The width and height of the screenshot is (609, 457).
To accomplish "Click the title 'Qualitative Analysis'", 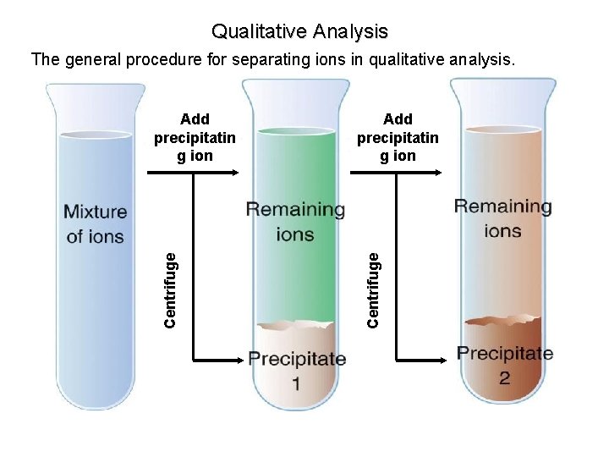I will [299, 32].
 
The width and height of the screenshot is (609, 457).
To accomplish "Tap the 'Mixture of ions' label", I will [95, 224].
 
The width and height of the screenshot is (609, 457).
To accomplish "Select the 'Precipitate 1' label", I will [297, 370].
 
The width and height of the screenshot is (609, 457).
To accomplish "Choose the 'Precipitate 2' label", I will [505, 365].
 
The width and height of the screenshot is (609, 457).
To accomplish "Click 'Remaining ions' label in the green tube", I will [295, 222].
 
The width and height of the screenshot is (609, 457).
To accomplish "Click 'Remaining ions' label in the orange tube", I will [502, 217].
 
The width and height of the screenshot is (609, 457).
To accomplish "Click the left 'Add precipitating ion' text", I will [195, 137].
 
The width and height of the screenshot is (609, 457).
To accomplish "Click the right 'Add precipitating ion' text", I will [398, 137].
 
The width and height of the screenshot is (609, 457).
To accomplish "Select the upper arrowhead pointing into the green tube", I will [236, 173].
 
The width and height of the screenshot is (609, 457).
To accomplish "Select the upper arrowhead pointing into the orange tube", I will [437, 173].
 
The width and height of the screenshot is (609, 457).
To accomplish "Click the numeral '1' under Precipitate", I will [297, 384].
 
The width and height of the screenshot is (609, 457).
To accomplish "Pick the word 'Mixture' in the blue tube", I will [95, 212].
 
